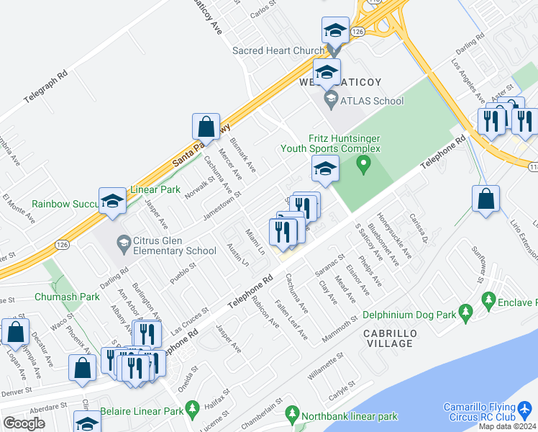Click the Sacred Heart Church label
[279, 51]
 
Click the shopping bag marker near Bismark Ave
[206, 127]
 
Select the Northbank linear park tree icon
[291, 415]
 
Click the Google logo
[24, 423]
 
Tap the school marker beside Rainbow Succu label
[113, 202]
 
